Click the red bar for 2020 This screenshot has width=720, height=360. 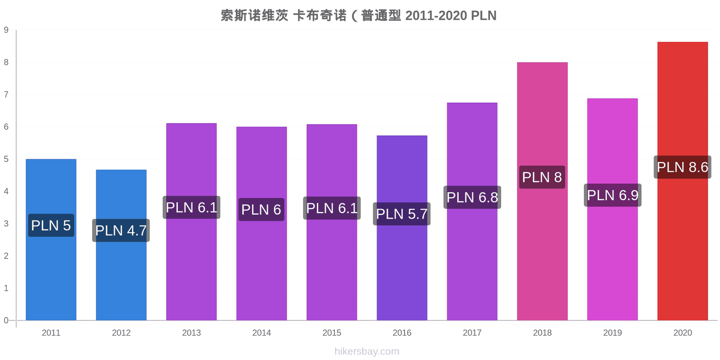click(x=682, y=181)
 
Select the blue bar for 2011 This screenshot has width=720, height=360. click(x=51, y=239)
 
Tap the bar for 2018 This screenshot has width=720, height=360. click(x=542, y=191)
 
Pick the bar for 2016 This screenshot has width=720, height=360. click(x=402, y=228)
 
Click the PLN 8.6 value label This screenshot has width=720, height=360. click(x=682, y=167)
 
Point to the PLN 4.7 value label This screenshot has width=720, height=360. click(x=121, y=230)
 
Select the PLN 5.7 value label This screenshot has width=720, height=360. click(x=402, y=214)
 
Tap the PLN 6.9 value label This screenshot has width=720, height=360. click(x=612, y=195)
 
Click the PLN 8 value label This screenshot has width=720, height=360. click(x=542, y=177)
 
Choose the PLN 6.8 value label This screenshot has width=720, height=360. click(x=472, y=198)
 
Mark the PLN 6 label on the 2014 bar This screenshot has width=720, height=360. click(x=261, y=210)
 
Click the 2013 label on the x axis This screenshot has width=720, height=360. click(x=191, y=333)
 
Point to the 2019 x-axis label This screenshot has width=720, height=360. click(x=612, y=333)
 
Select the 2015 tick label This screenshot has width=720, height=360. click(x=332, y=333)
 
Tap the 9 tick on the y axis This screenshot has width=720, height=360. click(x=6, y=30)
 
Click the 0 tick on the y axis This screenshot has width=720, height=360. click(x=6, y=320)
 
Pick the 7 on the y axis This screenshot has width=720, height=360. click(x=6, y=94)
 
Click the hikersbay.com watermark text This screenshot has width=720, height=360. click(x=367, y=351)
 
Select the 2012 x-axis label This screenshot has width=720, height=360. click(x=121, y=333)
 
